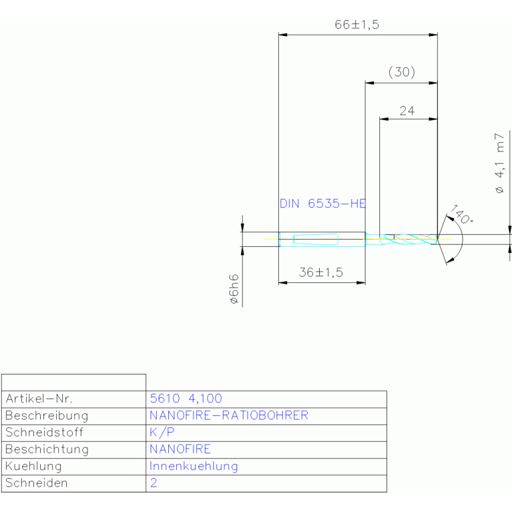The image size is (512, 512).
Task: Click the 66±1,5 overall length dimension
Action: point(356,25)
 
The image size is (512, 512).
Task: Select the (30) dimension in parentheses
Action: point(402,72)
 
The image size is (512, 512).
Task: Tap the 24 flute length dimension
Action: point(407,111)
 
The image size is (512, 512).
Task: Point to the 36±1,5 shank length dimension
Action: point(321,272)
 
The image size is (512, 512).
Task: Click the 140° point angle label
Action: point(461,214)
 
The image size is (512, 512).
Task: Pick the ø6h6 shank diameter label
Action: point(234,289)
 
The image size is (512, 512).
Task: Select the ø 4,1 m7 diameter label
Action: point(499,164)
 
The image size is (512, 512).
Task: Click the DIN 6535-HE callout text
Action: point(322,204)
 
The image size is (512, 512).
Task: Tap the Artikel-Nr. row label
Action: point(39,399)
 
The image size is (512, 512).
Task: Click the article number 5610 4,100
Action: point(186,399)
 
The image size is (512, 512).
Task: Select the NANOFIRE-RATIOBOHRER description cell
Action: point(229,415)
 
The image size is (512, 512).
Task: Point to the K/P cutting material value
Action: point(162,433)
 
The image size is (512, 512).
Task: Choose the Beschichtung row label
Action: point(47,449)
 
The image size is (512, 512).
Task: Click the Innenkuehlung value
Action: point(194,467)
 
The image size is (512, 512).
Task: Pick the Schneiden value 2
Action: point(154,483)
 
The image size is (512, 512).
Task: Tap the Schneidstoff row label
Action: point(45,433)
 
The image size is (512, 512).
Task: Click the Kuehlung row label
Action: point(33,467)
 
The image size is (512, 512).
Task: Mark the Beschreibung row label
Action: point(47,416)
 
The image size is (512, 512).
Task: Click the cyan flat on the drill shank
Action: point(316,240)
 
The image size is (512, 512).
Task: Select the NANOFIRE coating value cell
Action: point(180,449)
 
